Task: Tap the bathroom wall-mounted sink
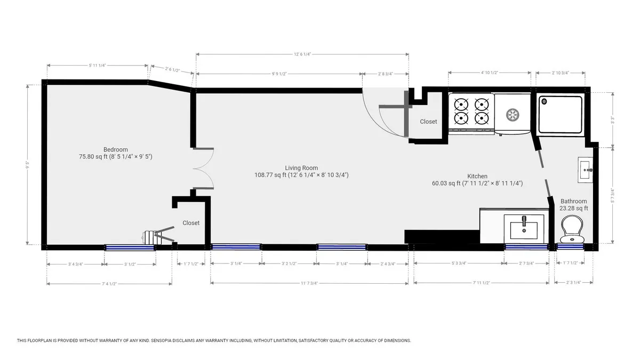[585, 170]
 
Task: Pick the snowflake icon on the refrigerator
[512, 114]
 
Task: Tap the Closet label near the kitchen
[428, 122]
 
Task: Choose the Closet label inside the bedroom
[191, 223]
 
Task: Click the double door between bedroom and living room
[203, 168]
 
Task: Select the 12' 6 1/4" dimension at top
[302, 54]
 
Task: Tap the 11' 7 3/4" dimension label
[310, 283]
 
